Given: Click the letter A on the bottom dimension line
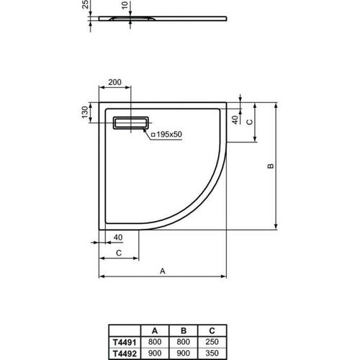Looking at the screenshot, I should coord(163,271).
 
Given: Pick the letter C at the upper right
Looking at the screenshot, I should coord(249,122).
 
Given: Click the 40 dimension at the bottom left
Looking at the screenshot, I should coord(117,237).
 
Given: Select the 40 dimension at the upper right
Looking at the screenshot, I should coord(235,119).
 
